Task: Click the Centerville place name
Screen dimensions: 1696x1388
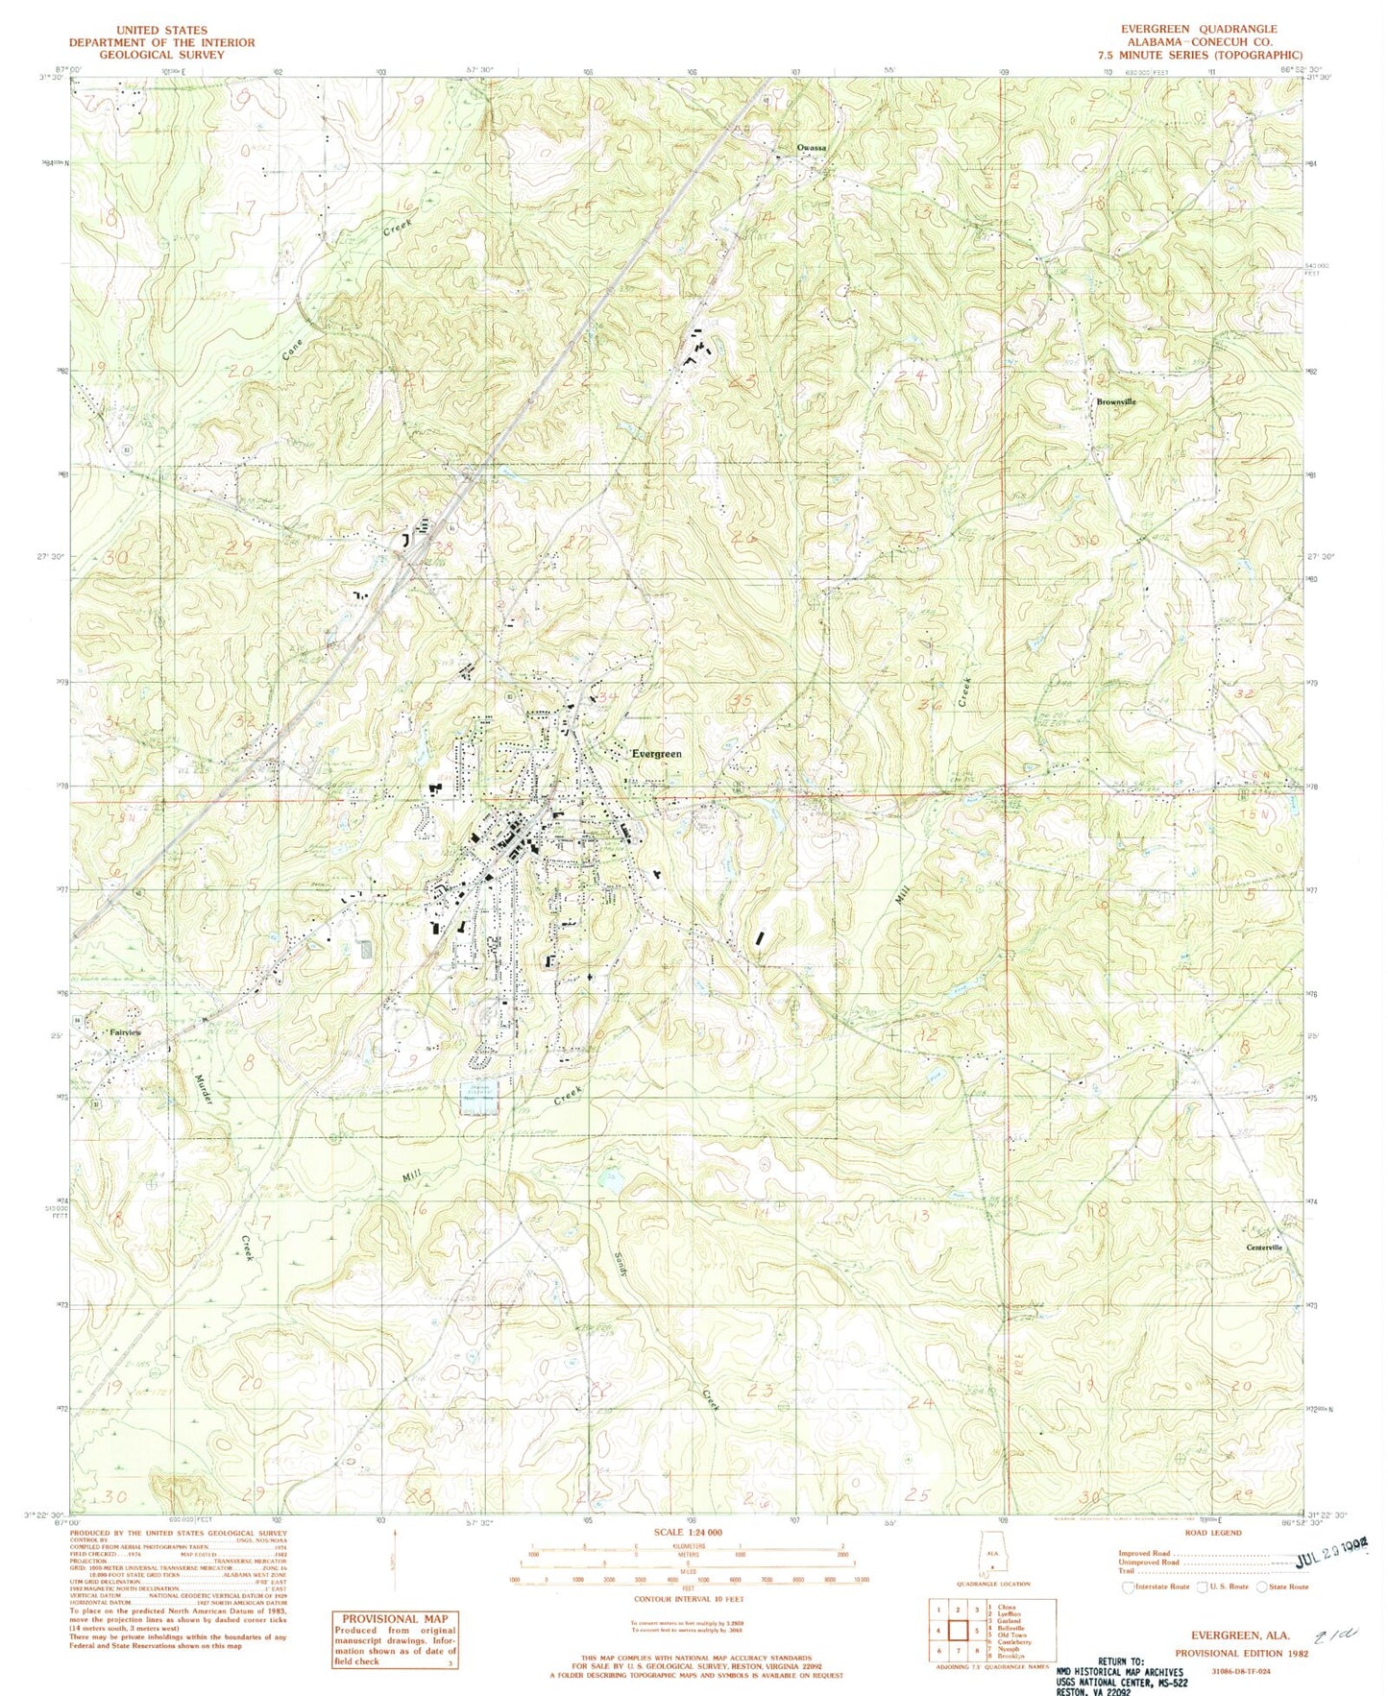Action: click(x=1264, y=1248)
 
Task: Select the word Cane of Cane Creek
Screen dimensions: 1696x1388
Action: click(x=292, y=349)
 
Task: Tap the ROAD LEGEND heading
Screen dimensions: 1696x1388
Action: click(x=1213, y=1533)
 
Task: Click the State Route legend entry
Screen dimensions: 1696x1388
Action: click(x=1285, y=1587)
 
